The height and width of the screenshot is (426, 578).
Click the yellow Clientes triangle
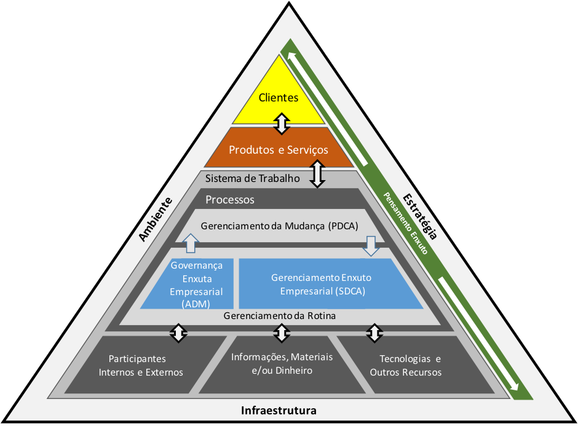pos(279,97)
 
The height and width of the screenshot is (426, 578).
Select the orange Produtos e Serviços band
pos(279,149)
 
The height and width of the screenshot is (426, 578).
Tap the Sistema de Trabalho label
pos(252,179)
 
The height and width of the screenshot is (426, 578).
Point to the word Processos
pos(230,200)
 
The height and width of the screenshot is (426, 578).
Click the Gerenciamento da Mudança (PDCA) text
pos(279,226)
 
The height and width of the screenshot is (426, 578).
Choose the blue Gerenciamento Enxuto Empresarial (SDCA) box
pos(322,285)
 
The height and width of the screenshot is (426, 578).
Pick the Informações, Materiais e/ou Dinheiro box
pos(282,364)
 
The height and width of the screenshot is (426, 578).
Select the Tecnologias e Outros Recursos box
pos(410,365)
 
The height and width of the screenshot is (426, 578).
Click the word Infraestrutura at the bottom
pos(279,410)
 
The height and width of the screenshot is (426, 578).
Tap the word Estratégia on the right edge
pos(421,216)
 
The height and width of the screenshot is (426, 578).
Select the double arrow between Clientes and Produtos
pos(281,123)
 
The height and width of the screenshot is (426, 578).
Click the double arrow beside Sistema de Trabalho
pos(317,174)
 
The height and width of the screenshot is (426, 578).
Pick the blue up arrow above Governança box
pos(191,243)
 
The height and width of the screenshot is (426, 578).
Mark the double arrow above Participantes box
pos(178,333)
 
